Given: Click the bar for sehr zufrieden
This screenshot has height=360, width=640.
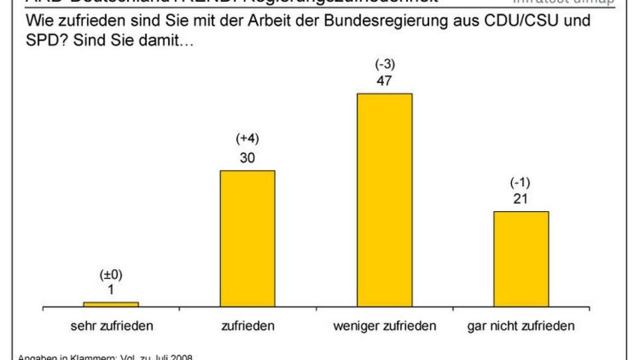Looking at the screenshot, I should coord(111,304).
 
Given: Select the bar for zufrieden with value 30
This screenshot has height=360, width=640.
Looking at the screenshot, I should coord(247,238).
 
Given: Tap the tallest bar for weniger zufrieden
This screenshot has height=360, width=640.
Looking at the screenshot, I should coord(385,200).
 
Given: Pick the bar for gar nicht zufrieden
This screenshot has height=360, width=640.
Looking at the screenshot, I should coord(521,259).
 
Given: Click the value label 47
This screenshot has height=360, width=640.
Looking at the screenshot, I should coord(385,82).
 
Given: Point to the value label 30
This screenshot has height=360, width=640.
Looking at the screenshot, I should coord(247,158).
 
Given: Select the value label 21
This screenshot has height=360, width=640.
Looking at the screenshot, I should coord(521,199).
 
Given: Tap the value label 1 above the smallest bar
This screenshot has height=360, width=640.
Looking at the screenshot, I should coord(111,291).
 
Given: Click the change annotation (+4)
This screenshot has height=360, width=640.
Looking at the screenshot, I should coord(247,139).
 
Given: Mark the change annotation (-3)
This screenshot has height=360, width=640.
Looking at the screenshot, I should coord(385,64).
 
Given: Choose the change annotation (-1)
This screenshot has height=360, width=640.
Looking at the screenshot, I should coord(521,182).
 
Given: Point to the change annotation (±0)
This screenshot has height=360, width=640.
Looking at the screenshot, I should coord(111,275).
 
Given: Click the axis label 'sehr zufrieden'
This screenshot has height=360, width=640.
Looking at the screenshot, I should coord(111,326).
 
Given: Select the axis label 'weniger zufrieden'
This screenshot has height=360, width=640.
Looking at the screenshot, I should coord(385,326).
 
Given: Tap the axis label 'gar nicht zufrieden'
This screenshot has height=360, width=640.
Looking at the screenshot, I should coord(521,326).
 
